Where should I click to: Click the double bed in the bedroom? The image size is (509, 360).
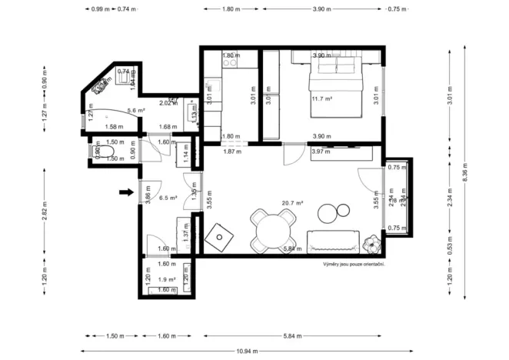coord(336,89)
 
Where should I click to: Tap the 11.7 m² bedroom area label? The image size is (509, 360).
coord(321,98)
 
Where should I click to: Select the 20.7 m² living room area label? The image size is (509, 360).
coord(292,203)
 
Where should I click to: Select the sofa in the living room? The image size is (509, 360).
coord(334,241)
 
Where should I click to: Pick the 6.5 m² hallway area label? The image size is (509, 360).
coord(168,198)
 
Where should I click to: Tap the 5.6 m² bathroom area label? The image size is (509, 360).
coord(136,111)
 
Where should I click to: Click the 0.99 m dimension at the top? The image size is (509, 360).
coord(98,9)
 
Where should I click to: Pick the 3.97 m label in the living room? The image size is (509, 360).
coord(321,152)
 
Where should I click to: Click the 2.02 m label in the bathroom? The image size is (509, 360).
coord(166,102)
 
